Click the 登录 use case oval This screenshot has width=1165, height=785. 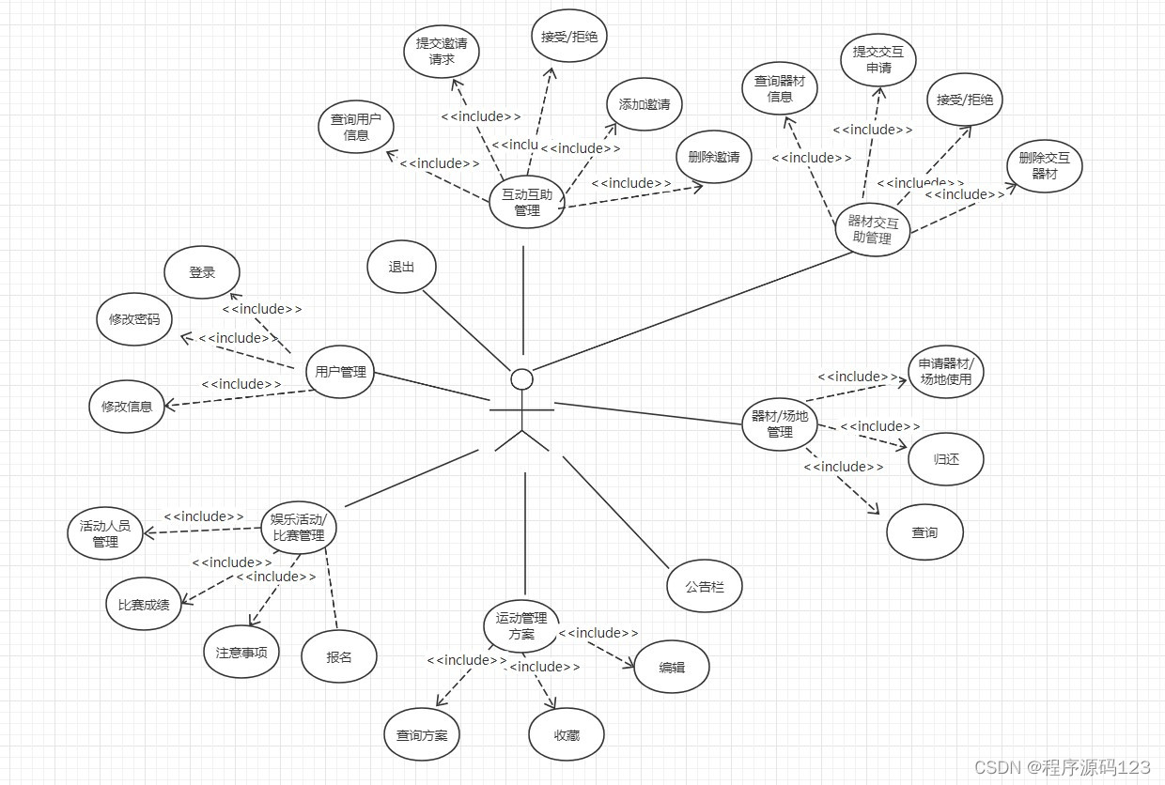point(202,272)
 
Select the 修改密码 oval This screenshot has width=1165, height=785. point(134,319)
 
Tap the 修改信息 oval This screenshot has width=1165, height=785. point(127,407)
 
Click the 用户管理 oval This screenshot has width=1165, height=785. point(340,372)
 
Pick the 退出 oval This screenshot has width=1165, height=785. point(402,267)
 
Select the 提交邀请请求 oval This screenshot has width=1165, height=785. point(442,52)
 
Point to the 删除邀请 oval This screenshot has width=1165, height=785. point(714,157)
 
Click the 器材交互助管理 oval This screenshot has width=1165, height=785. point(874,229)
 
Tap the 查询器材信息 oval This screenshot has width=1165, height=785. point(780,88)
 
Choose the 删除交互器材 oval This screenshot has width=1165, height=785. point(1045,166)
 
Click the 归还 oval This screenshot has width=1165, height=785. point(946,459)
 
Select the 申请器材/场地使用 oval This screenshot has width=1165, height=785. point(946,372)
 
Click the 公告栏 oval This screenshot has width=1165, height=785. point(705,587)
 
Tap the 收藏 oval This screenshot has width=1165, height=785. point(567,735)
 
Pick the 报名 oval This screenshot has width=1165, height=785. point(339,657)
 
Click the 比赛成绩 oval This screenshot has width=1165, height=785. point(144,604)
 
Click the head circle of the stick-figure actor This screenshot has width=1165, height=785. point(521,378)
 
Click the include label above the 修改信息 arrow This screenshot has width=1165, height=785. point(241,384)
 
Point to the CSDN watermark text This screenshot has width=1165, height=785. point(1062,767)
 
